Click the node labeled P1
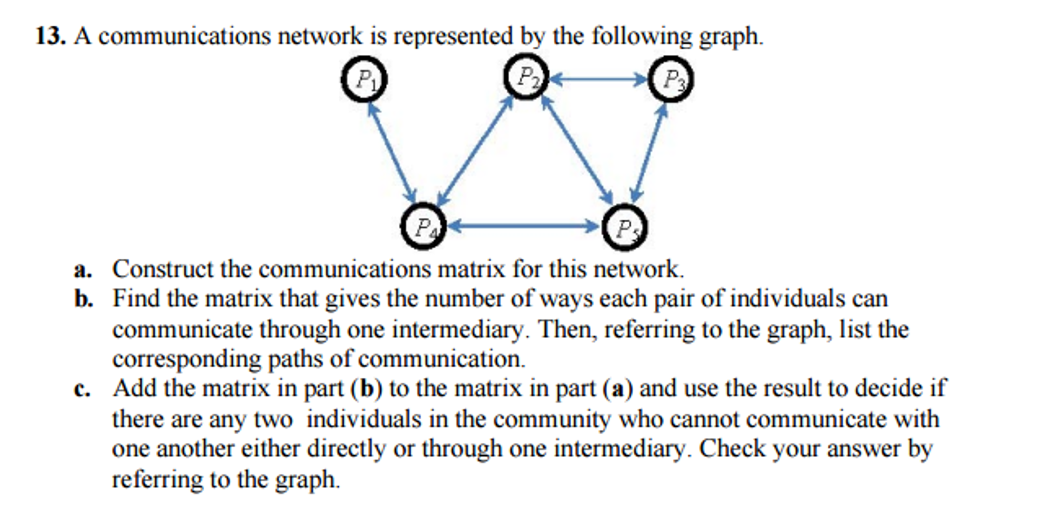tap(364, 80)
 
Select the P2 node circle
tap(526, 77)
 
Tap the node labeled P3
tap(670, 80)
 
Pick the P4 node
tap(423, 226)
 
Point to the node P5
tap(624, 227)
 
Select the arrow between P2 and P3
tap(598, 80)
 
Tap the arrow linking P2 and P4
tap(475, 151)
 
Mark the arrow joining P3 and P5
tap(649, 153)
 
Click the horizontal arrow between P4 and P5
tap(523, 226)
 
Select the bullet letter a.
tap(82, 270)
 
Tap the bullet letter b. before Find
tap(83, 299)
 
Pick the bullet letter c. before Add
tap(82, 389)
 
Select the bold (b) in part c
tap(366, 389)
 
